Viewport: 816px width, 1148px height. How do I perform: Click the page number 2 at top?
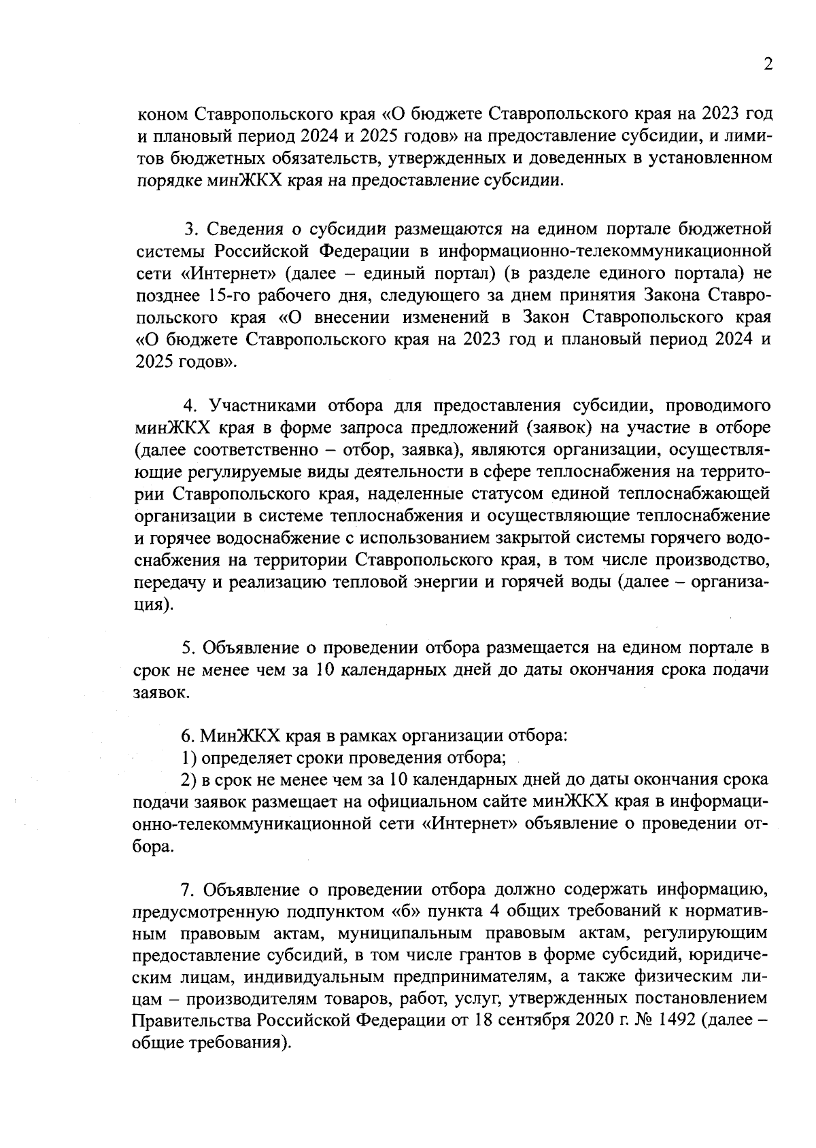click(768, 65)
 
